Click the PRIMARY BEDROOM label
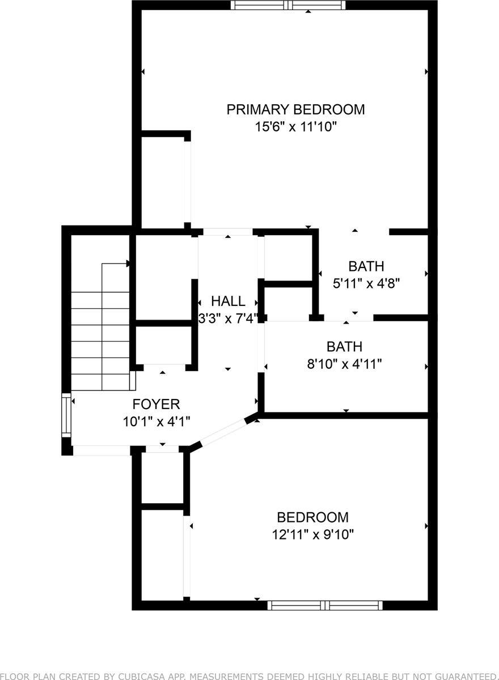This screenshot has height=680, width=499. point(295,109)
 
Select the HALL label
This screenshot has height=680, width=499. point(228,301)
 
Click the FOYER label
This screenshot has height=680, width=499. point(156,404)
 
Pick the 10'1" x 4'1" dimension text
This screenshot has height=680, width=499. point(156,422)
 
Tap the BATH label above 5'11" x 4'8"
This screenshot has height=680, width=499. point(366,266)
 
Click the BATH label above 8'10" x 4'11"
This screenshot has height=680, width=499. point(344,346)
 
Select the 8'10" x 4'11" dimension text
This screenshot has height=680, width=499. point(344,364)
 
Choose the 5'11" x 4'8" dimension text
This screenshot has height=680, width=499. point(366,283)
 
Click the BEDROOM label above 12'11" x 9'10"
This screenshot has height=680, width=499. point(312,517)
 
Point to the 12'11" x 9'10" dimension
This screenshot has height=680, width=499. point(312,534)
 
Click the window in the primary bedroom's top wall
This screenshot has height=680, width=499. point(288,5)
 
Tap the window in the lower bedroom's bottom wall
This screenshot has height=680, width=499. point(325,605)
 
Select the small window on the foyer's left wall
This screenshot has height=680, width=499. point(67,415)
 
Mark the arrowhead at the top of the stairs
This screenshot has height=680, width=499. point(128,263)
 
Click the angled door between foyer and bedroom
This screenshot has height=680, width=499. point(222,433)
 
